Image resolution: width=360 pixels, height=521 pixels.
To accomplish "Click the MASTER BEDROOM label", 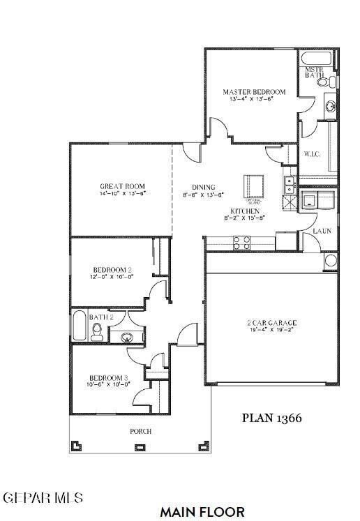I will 254,91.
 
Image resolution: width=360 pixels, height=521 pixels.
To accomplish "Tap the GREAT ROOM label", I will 122,186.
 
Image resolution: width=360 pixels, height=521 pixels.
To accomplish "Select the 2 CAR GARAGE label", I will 271,322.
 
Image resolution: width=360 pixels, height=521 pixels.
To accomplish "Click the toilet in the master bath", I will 323,82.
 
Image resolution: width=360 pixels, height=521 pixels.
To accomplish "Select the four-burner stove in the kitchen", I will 241,242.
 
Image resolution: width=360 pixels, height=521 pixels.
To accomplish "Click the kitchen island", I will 254,187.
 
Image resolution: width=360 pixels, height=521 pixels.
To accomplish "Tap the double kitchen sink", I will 287,185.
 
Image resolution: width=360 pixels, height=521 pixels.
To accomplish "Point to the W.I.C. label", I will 312,154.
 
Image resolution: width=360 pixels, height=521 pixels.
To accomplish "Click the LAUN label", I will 322,230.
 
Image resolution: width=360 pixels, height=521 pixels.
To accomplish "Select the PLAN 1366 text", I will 272,418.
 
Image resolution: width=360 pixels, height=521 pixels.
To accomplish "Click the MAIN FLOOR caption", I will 202,512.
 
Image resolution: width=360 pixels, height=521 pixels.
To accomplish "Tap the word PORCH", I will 141,431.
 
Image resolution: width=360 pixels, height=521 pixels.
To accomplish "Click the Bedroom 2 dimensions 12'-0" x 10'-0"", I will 112,277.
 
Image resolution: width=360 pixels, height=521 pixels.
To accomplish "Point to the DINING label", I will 203,186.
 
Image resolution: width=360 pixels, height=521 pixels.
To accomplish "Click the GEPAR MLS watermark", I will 43,498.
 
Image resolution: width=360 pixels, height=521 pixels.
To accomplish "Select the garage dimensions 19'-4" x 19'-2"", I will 271,330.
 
